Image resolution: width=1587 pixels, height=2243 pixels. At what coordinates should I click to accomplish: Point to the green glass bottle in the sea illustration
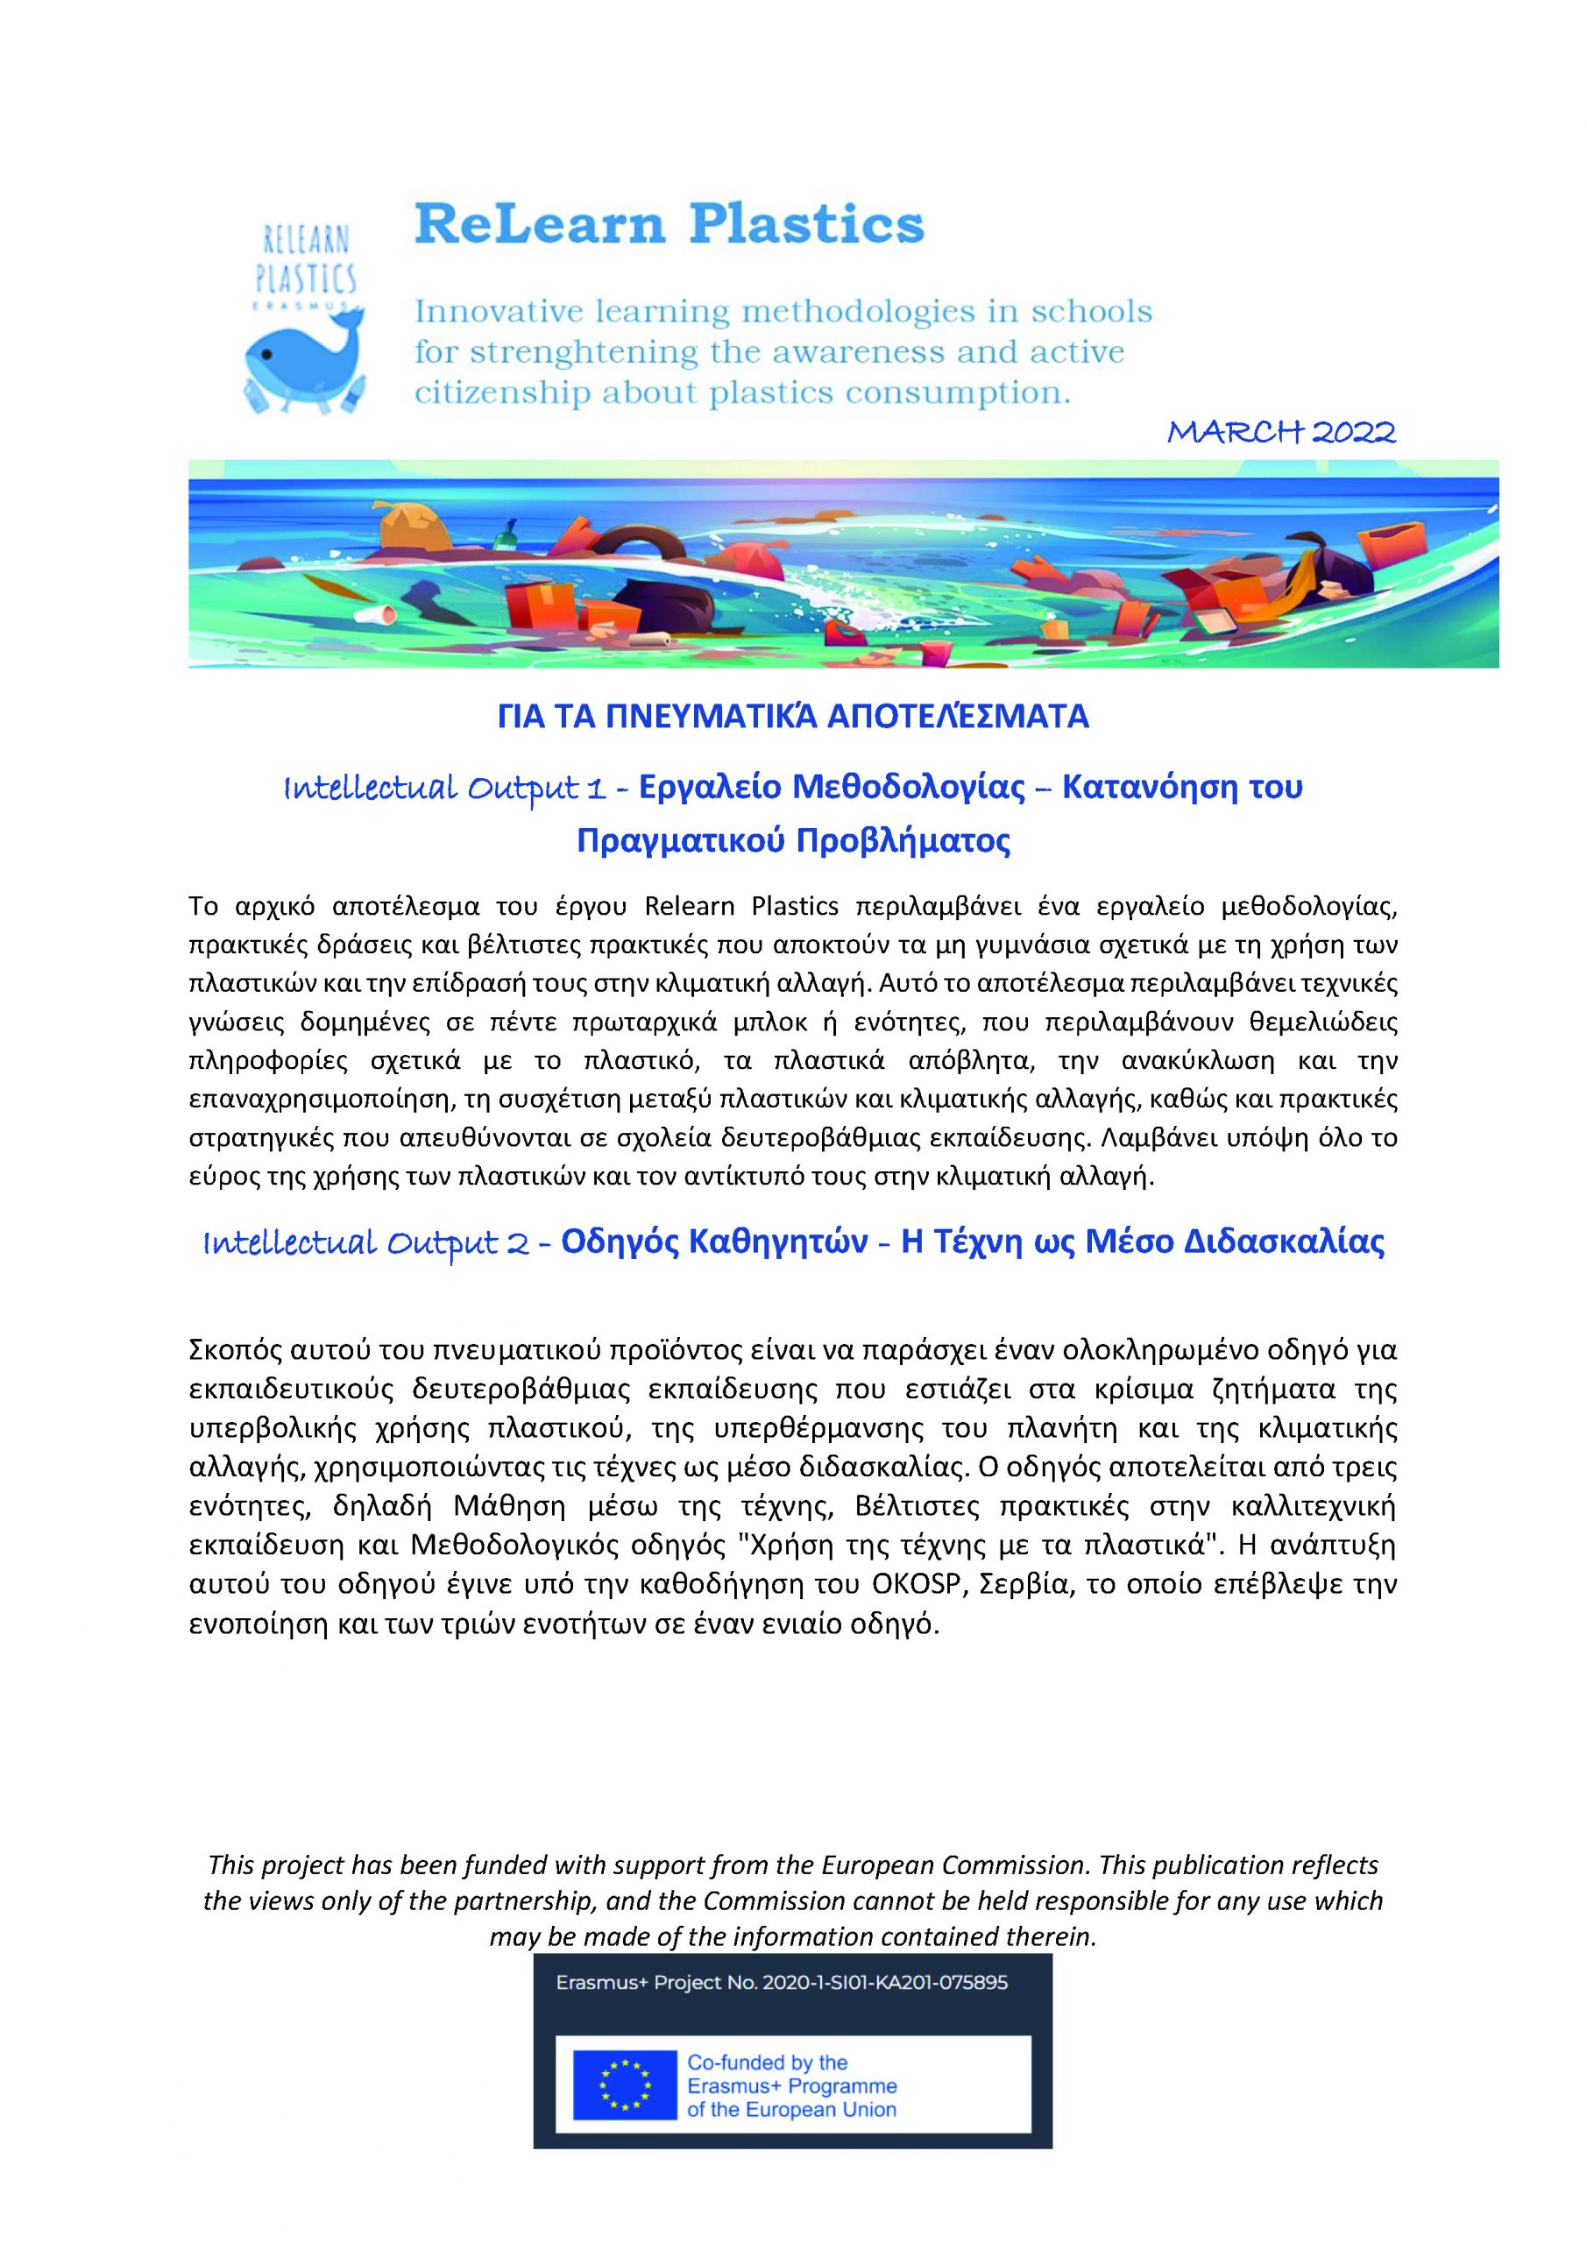tap(508, 534)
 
